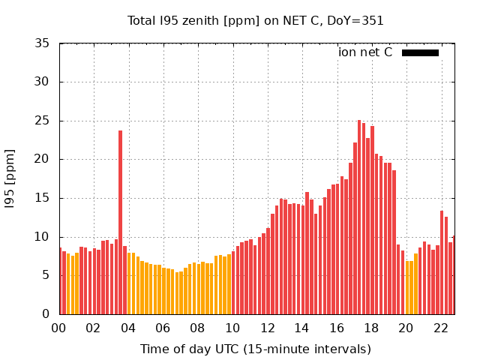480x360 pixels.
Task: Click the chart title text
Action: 256,21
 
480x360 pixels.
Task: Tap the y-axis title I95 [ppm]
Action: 10,178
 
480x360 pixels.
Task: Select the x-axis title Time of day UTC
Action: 255,349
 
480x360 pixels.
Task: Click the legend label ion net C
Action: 365,52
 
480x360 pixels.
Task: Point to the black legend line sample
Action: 420,52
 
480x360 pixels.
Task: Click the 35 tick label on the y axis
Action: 43,43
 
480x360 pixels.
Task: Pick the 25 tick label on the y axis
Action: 43,121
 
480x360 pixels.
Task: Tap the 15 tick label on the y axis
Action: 43,198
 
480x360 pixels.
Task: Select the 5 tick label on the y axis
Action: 47,275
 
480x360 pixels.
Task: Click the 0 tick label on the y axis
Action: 47,314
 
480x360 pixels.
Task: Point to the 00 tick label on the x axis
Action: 59,328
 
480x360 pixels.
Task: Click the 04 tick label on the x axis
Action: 128,328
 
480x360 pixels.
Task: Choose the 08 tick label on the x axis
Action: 198,328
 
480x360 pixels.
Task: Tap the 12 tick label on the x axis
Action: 268,328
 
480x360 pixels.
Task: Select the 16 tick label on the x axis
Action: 337,328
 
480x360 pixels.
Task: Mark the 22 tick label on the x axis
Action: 441,328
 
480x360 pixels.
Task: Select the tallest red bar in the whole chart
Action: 359,217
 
